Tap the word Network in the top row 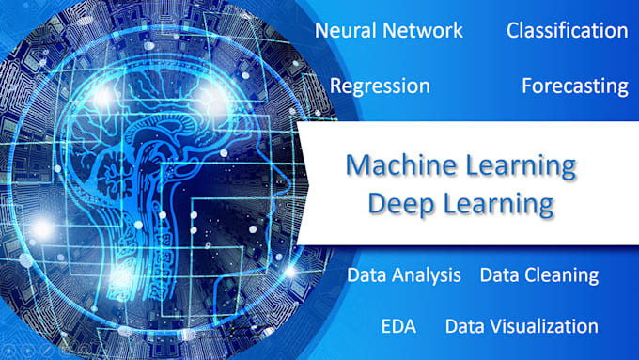coord(422,30)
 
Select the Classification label coord(567,30)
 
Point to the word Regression coord(380,86)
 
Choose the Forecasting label coord(574,86)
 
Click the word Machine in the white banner coord(394,166)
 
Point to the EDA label coord(398,326)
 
